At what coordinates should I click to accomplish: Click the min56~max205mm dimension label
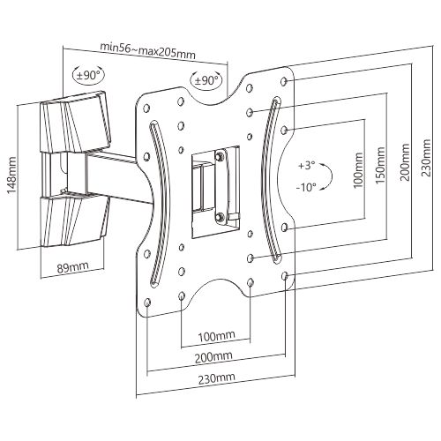click(148, 51)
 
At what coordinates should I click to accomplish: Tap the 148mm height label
click(12, 176)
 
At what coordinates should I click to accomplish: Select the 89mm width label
click(72, 267)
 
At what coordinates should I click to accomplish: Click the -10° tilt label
click(306, 187)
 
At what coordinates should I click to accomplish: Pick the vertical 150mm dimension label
click(380, 165)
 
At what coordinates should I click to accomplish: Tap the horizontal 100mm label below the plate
click(217, 336)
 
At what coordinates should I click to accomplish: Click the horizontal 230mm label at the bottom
click(217, 378)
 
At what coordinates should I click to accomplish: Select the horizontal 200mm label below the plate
click(213, 357)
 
